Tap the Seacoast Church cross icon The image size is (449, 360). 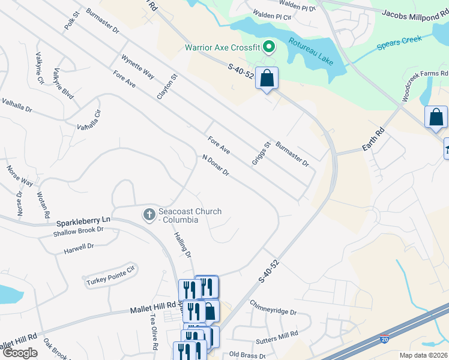(149, 214)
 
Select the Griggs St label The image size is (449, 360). (262, 155)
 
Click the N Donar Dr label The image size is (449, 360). (216, 166)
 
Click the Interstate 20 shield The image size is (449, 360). (385, 340)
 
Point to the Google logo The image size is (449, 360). (19, 353)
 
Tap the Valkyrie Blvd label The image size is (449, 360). (63, 83)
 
